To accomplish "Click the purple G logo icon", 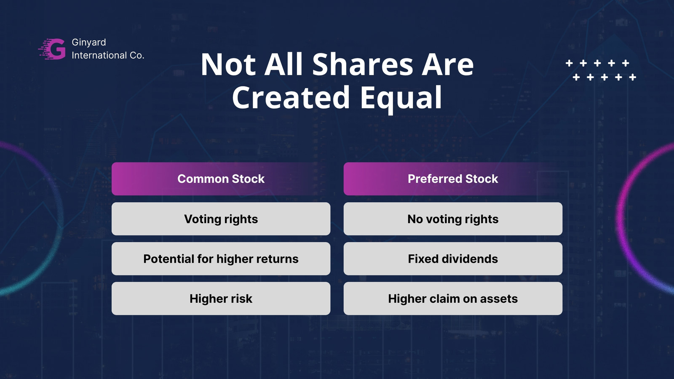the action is [52, 49].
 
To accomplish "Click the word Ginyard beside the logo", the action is [89, 43].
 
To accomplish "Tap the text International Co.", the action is [108, 55].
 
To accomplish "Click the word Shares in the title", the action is [363, 64].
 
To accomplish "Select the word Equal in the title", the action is [401, 97].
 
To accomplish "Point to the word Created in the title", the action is [291, 97].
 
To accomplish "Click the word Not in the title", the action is [228, 64].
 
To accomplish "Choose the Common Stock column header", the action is [221, 179].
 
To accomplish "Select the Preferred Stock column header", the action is [453, 179].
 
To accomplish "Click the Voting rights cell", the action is [221, 219].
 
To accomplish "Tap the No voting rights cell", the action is [453, 219].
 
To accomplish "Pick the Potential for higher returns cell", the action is [221, 259].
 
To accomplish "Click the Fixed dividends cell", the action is [453, 259].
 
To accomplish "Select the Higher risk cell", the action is [221, 299].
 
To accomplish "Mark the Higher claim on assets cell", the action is [453, 299].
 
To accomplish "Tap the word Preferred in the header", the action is [435, 179].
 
